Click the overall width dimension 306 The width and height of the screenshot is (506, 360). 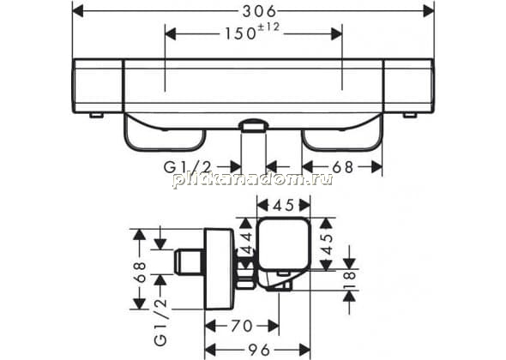click(x=260, y=12)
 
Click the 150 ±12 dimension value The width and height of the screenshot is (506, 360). click(x=252, y=32)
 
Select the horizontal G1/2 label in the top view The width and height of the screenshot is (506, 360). click(x=187, y=167)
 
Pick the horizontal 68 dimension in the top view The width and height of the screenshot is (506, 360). click(x=343, y=167)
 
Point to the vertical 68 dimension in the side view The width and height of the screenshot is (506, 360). click(x=140, y=273)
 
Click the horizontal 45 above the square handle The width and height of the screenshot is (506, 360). click(x=283, y=205)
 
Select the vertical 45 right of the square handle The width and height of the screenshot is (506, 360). click(x=326, y=244)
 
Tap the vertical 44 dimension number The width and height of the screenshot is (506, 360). click(x=247, y=243)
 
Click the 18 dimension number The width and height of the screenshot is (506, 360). click(x=349, y=280)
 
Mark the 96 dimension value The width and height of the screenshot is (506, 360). click(x=259, y=350)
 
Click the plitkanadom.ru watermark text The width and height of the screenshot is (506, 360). click(x=253, y=178)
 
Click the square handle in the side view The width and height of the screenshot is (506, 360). click(x=283, y=243)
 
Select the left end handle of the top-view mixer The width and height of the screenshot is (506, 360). click(x=98, y=86)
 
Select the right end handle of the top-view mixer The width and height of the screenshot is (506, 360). click(x=409, y=86)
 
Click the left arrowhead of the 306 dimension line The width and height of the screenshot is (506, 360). click(x=78, y=12)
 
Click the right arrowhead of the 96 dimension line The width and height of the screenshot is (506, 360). click(x=304, y=350)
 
